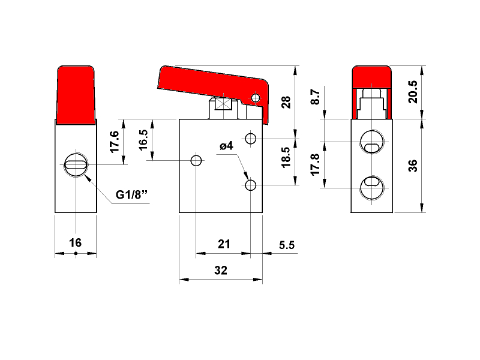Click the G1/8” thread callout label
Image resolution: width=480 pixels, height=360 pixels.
131,194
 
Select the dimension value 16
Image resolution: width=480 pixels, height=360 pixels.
76,243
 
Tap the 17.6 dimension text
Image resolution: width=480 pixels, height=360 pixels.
114,142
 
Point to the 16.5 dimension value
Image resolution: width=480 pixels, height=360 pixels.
143,140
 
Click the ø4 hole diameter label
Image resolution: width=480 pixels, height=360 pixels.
227,146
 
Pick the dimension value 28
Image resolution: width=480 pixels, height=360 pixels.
286,102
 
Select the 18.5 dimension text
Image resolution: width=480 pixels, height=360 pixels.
286,157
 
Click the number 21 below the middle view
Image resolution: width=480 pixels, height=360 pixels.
224,244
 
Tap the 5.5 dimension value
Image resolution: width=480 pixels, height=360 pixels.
287,245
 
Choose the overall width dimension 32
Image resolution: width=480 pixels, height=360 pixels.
221,271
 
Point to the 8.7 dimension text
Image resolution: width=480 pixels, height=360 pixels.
315,97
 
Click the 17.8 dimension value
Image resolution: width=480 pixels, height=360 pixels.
315,164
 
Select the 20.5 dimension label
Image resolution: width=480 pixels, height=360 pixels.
413,92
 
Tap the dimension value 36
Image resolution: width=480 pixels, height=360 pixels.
413,166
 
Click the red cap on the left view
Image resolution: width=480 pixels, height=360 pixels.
76,95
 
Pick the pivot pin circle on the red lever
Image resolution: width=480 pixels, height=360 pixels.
256,98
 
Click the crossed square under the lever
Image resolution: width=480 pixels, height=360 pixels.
224,104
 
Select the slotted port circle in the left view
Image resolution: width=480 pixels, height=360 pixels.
76,164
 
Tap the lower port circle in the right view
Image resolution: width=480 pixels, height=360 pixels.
372,187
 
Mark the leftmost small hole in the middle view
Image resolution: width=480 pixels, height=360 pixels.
196,160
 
